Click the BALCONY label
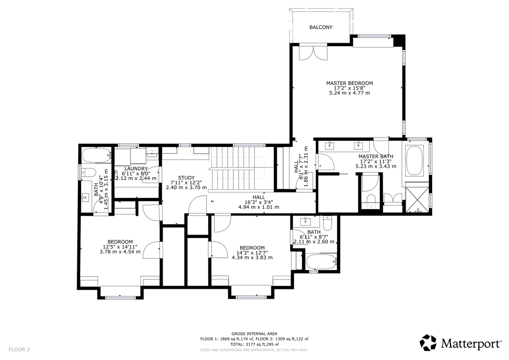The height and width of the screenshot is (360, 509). click(320, 27)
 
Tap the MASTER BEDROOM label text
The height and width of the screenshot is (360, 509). click(349, 83)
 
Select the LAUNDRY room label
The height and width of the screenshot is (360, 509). click(136, 169)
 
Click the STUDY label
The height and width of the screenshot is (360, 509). click(186, 178)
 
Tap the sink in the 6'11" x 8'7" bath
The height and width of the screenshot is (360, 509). click(306, 220)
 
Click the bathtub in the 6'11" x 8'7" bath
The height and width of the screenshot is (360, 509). click(321, 262)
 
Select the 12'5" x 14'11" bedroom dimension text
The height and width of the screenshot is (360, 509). click(120, 246)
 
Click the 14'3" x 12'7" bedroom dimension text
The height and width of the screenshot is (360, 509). click(252, 253)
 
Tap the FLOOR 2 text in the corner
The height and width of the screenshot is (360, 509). click(19, 350)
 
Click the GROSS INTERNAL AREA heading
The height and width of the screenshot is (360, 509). click(254, 334)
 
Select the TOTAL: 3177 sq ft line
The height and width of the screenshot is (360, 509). click(254, 344)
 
